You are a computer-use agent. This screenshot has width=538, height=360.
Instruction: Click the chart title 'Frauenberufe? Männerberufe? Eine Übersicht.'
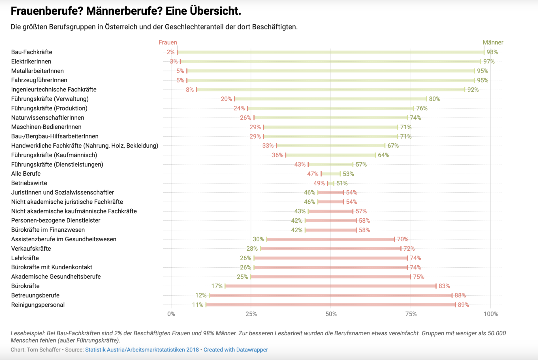pos(126,11)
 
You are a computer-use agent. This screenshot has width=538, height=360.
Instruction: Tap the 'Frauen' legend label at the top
pos(168,42)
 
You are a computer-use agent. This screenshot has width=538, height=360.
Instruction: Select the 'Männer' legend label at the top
pos(493,42)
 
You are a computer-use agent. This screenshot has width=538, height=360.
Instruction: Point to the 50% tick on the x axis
pos(331,314)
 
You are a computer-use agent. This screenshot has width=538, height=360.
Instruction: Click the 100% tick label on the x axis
pos(490,314)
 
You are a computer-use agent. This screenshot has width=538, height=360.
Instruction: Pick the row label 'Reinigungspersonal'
pos(38,305)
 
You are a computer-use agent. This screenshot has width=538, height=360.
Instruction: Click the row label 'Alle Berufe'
pos(26,174)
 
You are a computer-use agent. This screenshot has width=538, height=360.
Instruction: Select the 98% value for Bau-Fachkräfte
pos(492,52)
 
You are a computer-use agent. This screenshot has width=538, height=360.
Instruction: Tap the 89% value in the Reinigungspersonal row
pos(463,305)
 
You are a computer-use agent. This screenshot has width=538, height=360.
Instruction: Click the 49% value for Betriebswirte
pos(319,183)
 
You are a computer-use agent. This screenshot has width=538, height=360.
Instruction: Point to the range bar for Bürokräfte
pos(330,286)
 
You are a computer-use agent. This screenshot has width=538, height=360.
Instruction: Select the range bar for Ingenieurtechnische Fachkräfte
pos(330,90)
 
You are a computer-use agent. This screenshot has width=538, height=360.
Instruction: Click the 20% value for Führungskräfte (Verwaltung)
pos(226,99)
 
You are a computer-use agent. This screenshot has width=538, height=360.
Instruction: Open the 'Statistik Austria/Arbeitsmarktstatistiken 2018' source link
pos(142,350)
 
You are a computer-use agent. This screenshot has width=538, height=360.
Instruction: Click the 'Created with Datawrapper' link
pos(236,350)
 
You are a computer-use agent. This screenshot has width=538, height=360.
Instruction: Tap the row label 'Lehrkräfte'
pos(25,258)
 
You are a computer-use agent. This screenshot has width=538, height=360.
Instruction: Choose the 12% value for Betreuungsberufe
pos(201,295)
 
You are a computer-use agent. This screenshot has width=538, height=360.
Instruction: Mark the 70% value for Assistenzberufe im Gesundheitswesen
pos(402,239)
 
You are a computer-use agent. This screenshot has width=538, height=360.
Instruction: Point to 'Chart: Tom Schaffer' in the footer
pos(35,350)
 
